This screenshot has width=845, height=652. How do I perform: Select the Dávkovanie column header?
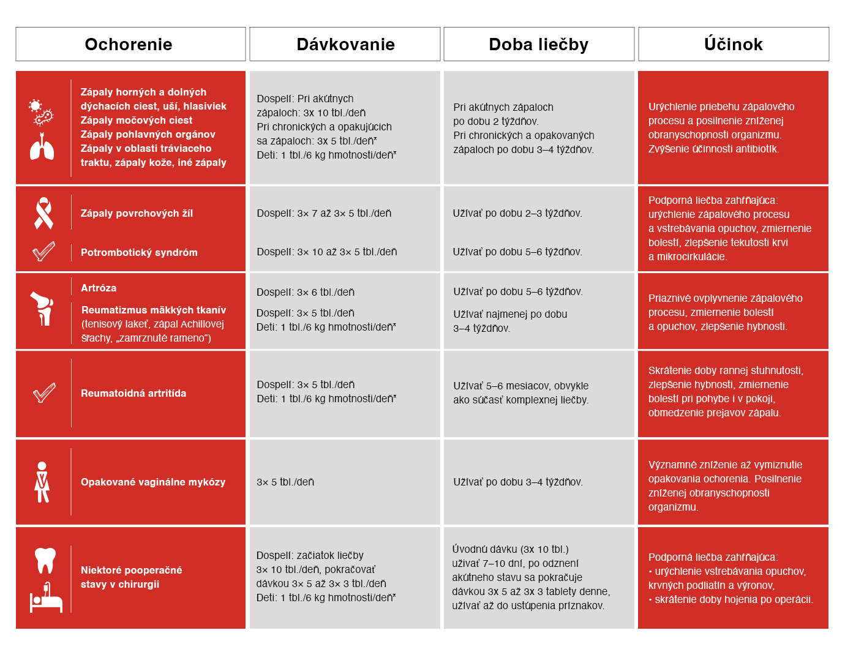[345, 44]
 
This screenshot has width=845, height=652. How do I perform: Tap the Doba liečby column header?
[539, 44]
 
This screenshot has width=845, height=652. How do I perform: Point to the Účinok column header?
[734, 44]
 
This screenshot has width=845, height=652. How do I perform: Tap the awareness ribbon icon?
[43, 213]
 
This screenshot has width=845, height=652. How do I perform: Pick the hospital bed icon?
[46, 598]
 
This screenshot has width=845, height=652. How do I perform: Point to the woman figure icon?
[42, 482]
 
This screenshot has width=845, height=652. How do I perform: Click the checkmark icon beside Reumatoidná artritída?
[44, 392]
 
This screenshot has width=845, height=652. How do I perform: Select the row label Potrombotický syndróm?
[139, 252]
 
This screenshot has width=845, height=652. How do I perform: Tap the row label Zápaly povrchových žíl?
[137, 213]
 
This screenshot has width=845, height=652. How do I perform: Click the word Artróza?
[99, 288]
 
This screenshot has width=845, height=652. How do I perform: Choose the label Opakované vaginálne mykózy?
[153, 482]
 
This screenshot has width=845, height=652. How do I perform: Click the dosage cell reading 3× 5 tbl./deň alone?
[285, 482]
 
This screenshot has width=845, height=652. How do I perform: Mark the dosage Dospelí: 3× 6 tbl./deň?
[306, 292]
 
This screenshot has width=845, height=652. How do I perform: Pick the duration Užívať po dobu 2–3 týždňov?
[517, 213]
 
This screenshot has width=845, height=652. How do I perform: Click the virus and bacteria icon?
[42, 112]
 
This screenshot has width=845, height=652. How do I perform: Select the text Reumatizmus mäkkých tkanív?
[154, 310]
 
